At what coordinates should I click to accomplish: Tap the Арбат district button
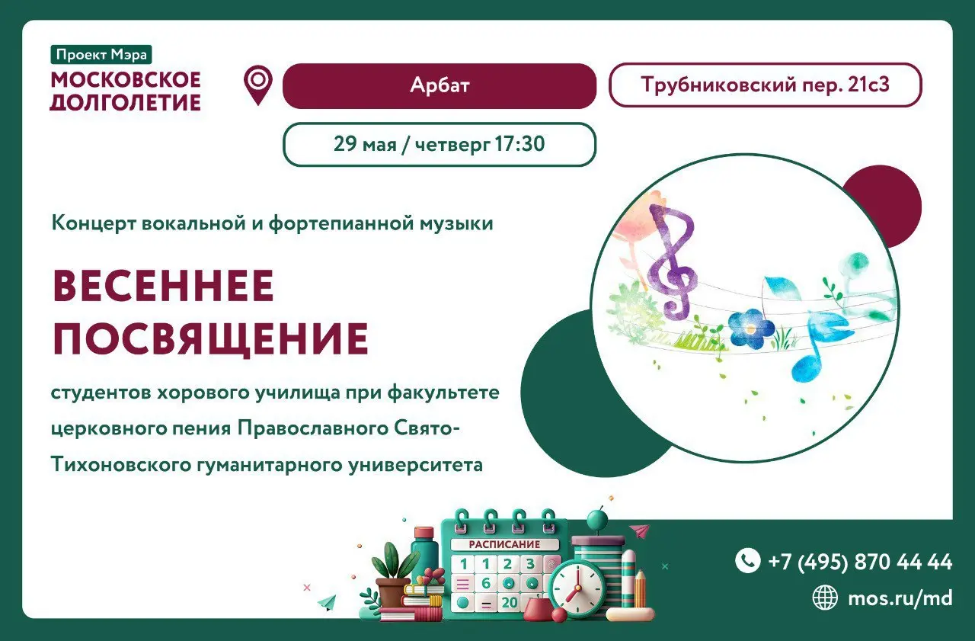439,85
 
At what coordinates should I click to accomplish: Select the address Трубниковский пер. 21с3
765,85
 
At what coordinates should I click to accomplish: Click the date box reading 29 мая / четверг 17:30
439,144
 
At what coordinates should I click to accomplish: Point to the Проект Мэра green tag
101,55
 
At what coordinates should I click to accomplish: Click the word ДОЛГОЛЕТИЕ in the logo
125,101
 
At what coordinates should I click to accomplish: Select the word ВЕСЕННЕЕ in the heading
162,287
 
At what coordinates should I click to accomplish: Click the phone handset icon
747,561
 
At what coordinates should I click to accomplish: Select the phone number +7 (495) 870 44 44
860,562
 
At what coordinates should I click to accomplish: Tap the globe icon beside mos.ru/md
825,598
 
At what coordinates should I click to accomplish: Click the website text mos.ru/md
900,598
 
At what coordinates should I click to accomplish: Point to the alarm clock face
576,588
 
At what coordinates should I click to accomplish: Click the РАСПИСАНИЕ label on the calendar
504,544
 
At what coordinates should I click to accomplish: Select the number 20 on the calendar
509,603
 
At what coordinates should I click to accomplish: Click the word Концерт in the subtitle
94,223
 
